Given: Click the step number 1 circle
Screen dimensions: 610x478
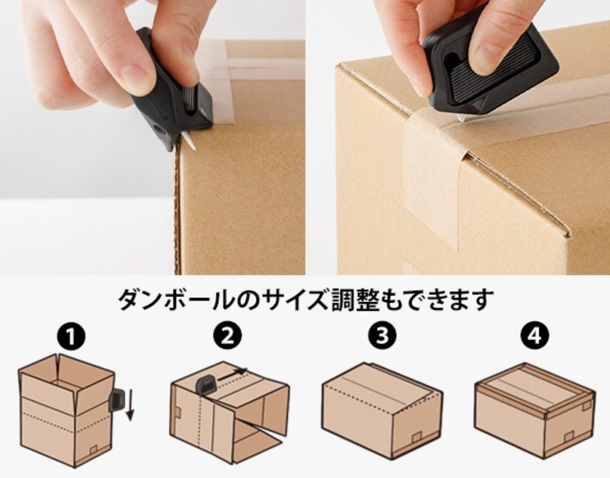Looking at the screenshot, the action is (x=71, y=337).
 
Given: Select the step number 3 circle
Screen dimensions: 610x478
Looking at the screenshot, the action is (x=382, y=335).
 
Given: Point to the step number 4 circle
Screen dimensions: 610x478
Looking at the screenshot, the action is (x=535, y=335).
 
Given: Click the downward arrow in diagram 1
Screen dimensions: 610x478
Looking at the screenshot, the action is (x=130, y=406).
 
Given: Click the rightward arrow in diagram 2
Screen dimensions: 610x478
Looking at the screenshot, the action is (x=232, y=374).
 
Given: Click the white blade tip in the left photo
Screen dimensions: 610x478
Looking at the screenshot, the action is (x=190, y=141).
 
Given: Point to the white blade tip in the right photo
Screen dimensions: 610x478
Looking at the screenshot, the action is (x=462, y=117).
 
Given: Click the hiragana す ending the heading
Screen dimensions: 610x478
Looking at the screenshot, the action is (x=483, y=299).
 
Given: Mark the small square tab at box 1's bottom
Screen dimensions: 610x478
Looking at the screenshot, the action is (x=94, y=449).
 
